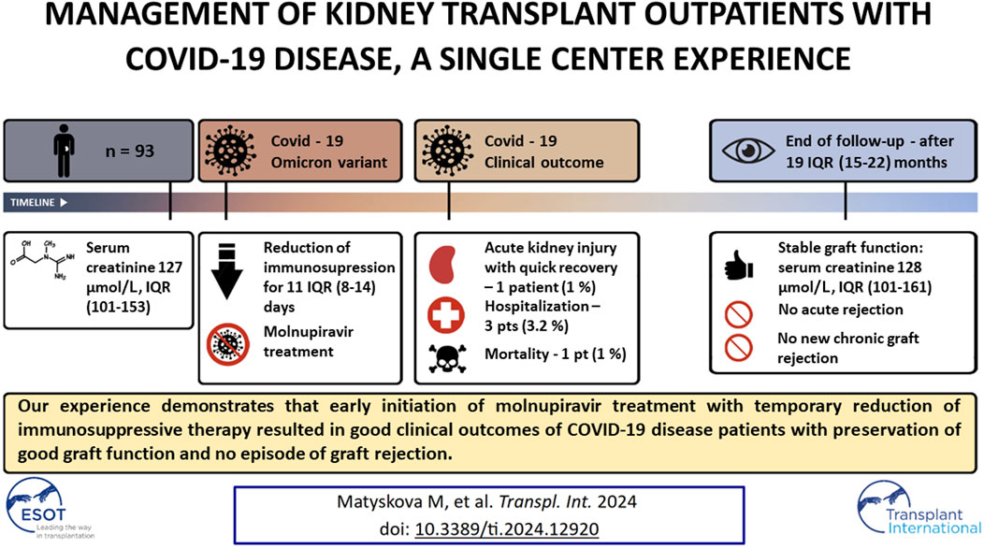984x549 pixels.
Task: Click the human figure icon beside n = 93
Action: [x=64, y=151]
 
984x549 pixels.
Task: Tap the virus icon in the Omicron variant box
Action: [x=231, y=152]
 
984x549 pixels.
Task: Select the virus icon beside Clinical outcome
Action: [x=447, y=152]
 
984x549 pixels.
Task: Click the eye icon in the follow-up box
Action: [x=748, y=151]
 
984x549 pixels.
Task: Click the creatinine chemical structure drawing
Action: [x=43, y=260]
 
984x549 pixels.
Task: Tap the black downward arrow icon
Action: [x=227, y=271]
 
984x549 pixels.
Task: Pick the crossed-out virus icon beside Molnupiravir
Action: [x=228, y=344]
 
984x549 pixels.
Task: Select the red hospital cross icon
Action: [x=446, y=314]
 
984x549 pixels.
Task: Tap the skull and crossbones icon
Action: [x=447, y=358]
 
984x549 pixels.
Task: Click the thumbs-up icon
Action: [x=738, y=265]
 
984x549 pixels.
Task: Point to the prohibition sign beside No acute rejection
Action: [x=739, y=314]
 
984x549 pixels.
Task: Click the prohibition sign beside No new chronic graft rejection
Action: [x=739, y=347]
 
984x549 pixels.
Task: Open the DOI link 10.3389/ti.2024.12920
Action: [x=506, y=529]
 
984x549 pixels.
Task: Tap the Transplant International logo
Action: [x=918, y=508]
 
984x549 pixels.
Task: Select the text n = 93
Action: [x=130, y=152]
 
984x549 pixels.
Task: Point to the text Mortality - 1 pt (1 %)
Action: [x=556, y=354]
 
